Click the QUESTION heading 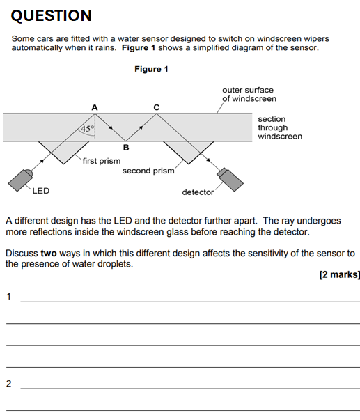pos(51,15)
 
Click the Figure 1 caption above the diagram pos(151,69)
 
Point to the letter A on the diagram pos(95,108)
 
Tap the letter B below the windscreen pos(126,148)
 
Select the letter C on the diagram pos(157,107)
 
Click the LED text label pos(41,191)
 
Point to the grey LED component pos(20,180)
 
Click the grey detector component pos(230,180)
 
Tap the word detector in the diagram pos(198,192)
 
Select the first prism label pos(102,161)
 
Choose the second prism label pos(148,171)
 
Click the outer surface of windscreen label pos(249,94)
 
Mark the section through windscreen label pos(280,127)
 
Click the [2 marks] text pos(340,274)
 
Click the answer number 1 pos(9,297)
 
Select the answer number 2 pos(9,384)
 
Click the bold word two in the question pos(49,254)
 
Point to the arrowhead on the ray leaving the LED pos(42,161)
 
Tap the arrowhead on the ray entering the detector pos(208,160)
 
